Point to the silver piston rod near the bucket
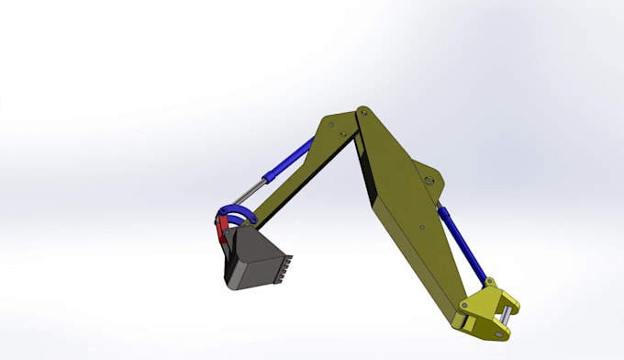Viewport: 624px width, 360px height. (x=246, y=194)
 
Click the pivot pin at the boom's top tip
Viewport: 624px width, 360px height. (x=362, y=112)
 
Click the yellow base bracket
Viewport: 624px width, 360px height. (x=486, y=309)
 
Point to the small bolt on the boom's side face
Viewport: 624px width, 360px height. (x=420, y=227)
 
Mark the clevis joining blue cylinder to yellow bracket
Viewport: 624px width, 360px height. (x=488, y=284)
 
